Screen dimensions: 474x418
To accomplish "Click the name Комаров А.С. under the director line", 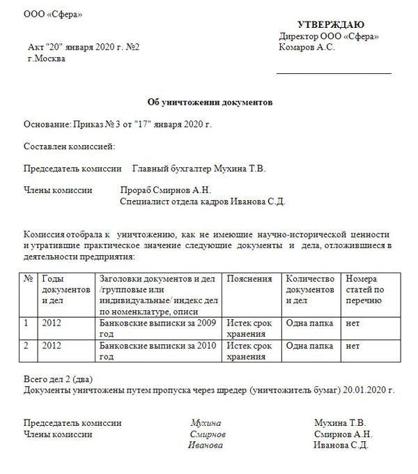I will click(x=307, y=47).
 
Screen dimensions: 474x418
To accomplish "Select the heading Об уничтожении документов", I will click(x=210, y=102).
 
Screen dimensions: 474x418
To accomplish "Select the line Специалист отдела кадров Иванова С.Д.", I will click(x=203, y=201).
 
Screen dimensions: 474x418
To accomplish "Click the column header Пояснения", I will click(x=249, y=279).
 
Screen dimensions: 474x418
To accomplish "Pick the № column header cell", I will click(x=29, y=279).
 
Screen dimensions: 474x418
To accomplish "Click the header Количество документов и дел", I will click(x=311, y=289).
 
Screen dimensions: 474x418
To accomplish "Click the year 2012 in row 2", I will click(x=52, y=346).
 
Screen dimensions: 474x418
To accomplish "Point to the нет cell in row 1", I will click(x=353, y=323).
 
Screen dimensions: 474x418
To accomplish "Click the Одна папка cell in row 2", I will click(x=310, y=346).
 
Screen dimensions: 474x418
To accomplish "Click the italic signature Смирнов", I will click(x=208, y=434).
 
